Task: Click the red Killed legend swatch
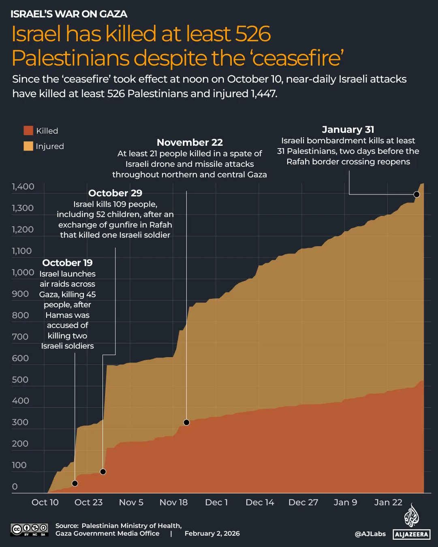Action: pyautogui.click(x=28, y=130)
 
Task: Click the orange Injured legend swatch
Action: pyautogui.click(x=28, y=146)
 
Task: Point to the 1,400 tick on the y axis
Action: pyautogui.click(x=23, y=187)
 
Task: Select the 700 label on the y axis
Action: pyautogui.click(x=20, y=336)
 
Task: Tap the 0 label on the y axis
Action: pyautogui.click(x=15, y=486)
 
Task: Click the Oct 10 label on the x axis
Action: pyautogui.click(x=45, y=502)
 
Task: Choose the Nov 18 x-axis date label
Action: pyautogui.click(x=173, y=502)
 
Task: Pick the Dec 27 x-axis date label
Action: pyautogui.click(x=303, y=502)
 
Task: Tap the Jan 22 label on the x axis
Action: pyautogui.click(x=388, y=502)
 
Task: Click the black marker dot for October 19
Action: pyautogui.click(x=75, y=483)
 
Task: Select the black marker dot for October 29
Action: pyautogui.click(x=103, y=472)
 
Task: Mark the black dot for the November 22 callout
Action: pyautogui.click(x=186, y=422)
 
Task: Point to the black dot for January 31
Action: pyautogui.click(x=417, y=194)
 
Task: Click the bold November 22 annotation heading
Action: pyautogui.click(x=190, y=143)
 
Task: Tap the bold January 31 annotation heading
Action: pyautogui.click(x=348, y=130)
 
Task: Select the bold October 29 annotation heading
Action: pyautogui.click(x=115, y=193)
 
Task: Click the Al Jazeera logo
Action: pyautogui.click(x=411, y=522)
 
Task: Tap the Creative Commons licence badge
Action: pyautogui.click(x=30, y=529)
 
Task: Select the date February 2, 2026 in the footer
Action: pyautogui.click(x=212, y=534)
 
